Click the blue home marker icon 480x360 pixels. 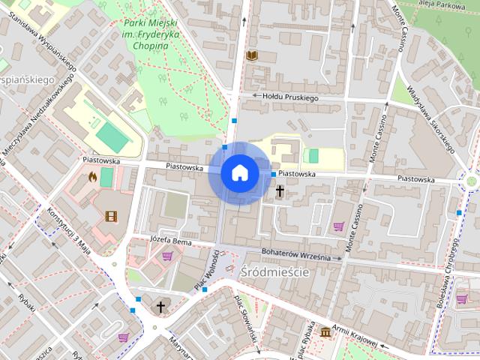pyautogui.click(x=239, y=172)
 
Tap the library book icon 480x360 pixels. pyautogui.click(x=252, y=55)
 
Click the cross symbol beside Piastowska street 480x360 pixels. pyautogui.click(x=280, y=192)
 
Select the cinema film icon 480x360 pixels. pyautogui.click(x=111, y=217)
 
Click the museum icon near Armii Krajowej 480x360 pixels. pyautogui.click(x=325, y=331)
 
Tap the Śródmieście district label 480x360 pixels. pyautogui.click(x=274, y=272)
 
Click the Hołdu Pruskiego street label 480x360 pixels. pyautogui.click(x=290, y=97)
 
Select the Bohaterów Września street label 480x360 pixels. pyautogui.click(x=297, y=253)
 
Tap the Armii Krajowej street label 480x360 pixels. pyautogui.click(x=356, y=338)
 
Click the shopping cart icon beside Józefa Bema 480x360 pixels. pyautogui.click(x=166, y=256)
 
